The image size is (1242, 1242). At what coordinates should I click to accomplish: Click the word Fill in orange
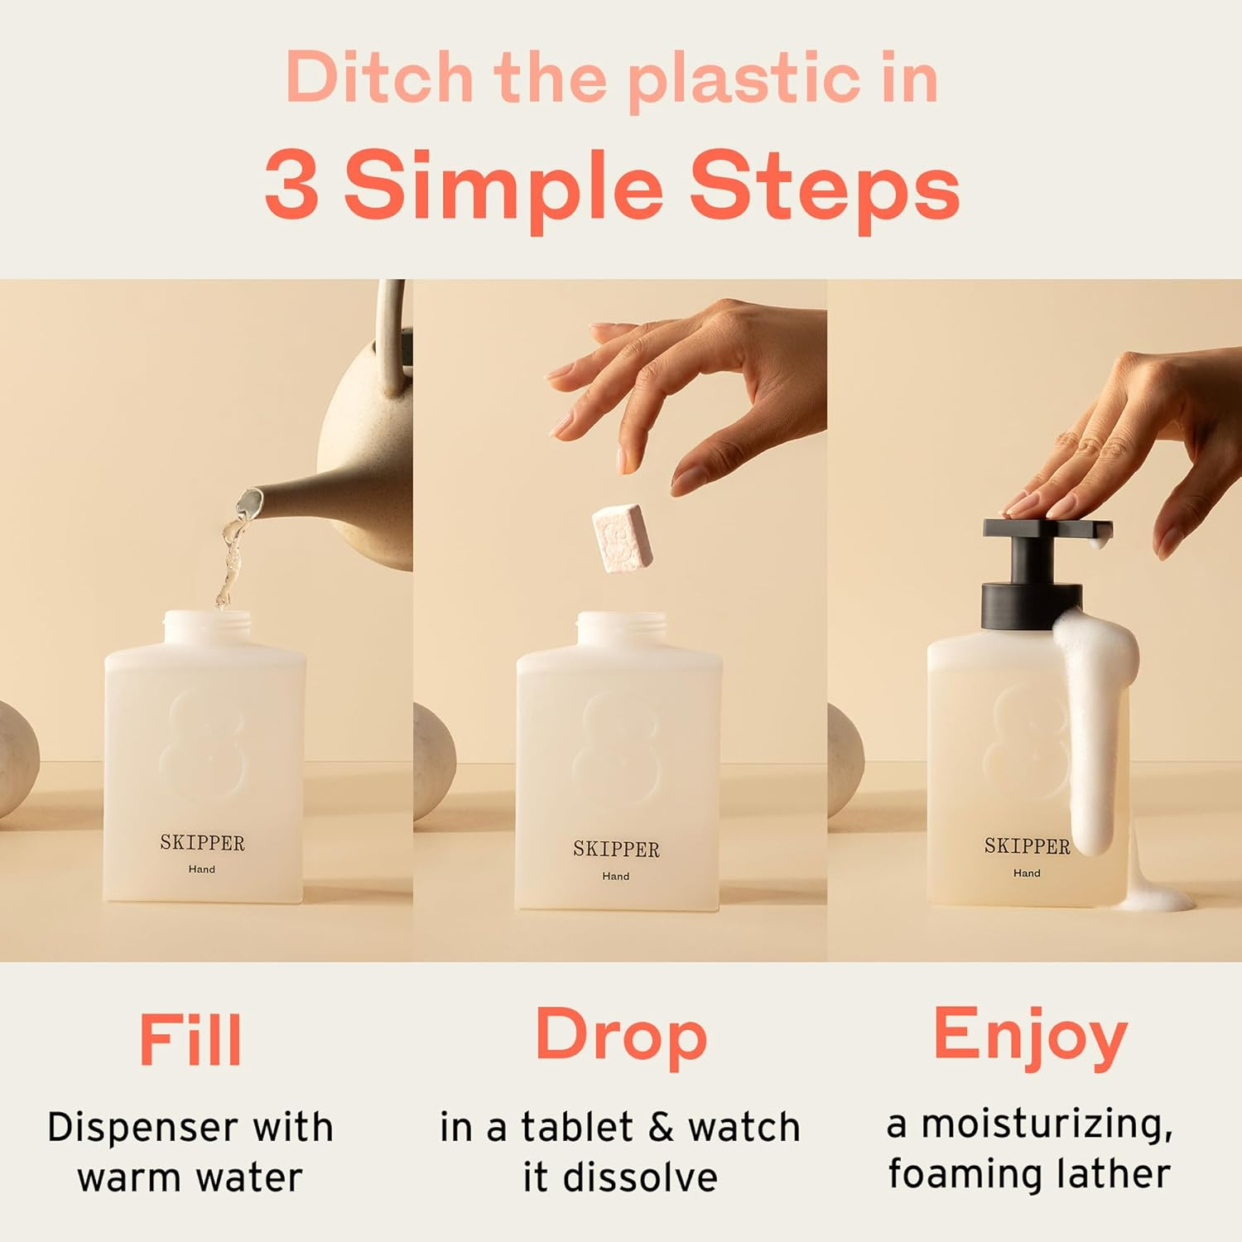coord(190,1039)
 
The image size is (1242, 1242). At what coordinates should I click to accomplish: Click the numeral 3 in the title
coord(291,186)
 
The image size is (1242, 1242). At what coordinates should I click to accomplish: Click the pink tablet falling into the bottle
coord(622,537)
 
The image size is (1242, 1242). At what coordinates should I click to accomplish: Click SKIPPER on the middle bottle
coord(616,850)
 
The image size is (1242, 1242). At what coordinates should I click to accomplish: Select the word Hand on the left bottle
coord(201,869)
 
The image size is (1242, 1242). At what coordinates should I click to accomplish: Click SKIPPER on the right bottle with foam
coord(1027,846)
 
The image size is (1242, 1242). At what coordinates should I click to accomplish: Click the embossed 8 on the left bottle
coord(203,745)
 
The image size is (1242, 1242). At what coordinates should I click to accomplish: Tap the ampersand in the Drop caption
coord(661,1128)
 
